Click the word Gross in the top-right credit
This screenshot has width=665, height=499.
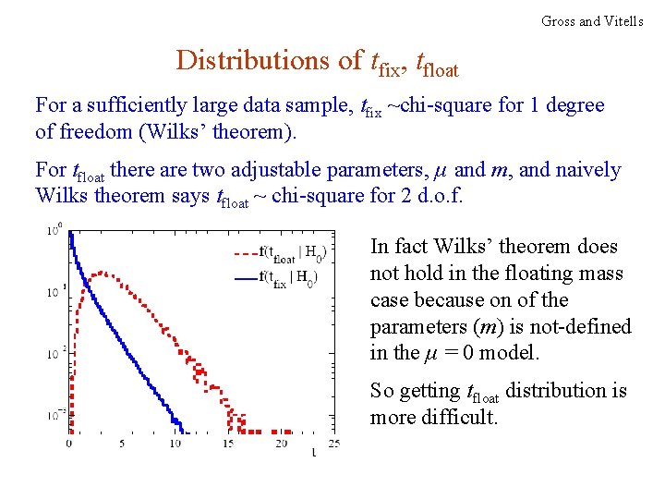(559, 20)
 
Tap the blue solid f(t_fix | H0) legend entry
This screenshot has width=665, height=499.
(282, 277)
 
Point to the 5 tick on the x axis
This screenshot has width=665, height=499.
(122, 444)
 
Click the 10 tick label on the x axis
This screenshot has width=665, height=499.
(175, 444)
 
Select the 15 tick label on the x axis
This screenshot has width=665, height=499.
(228, 444)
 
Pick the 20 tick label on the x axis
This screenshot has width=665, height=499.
(281, 444)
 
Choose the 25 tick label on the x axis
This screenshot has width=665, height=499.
(333, 444)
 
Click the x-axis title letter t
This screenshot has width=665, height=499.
(313, 452)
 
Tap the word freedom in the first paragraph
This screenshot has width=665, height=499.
(97, 132)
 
